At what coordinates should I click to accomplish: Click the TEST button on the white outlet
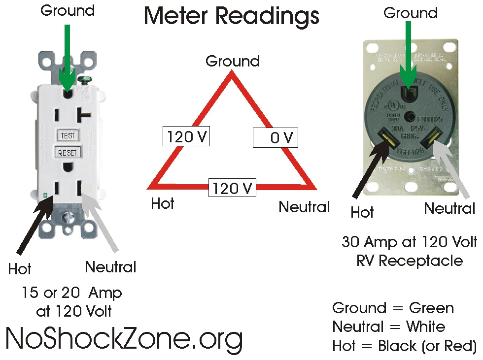(68, 135)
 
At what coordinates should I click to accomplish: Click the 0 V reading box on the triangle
(276, 137)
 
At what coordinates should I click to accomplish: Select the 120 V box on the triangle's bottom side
(232, 188)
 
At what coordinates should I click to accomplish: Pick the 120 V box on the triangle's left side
(186, 136)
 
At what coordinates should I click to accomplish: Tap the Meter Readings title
(231, 17)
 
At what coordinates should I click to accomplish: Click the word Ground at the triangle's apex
(232, 62)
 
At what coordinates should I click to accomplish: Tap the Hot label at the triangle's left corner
(163, 203)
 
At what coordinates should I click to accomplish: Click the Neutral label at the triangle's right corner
(304, 207)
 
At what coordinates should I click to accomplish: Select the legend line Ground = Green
(393, 308)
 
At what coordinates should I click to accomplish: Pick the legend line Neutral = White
(388, 327)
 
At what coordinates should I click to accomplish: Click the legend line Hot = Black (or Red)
(404, 346)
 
